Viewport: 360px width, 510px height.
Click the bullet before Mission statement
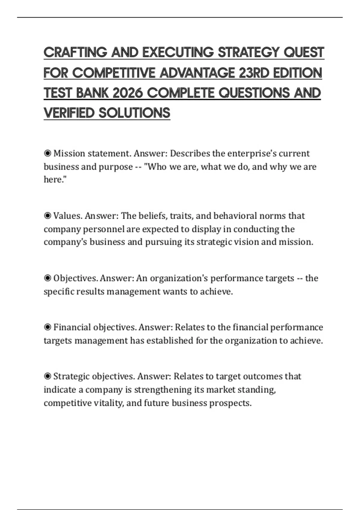click(47, 154)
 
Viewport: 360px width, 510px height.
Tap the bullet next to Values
click(47, 216)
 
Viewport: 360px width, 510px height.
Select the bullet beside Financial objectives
click(47, 327)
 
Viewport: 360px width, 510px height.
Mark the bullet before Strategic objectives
click(47, 376)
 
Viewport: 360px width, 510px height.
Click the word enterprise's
click(252, 154)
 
